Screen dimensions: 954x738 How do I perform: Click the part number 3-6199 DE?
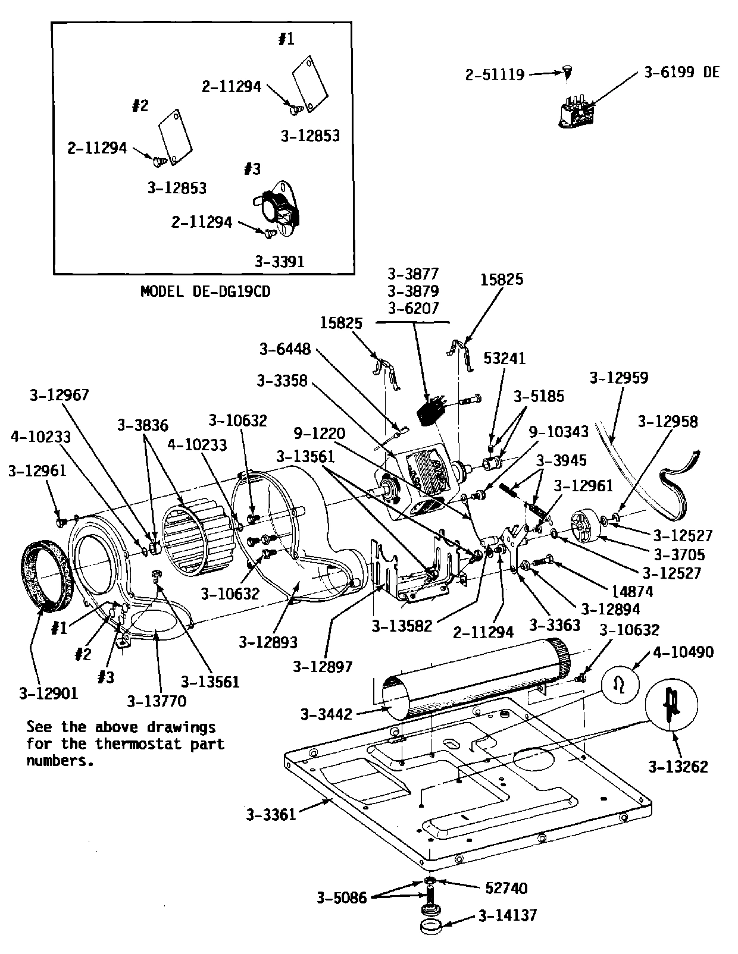pyautogui.click(x=681, y=73)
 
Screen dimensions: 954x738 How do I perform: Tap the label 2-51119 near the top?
pyautogui.click(x=495, y=74)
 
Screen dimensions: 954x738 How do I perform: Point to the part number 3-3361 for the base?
pyautogui.click(x=271, y=814)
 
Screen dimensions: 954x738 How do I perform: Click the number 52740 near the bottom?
pyautogui.click(x=506, y=888)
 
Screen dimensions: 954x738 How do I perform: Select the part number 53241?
pyautogui.click(x=505, y=358)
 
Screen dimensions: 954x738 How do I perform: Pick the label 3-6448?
pyautogui.click(x=284, y=350)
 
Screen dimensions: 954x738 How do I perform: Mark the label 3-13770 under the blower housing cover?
pyautogui.click(x=156, y=701)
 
